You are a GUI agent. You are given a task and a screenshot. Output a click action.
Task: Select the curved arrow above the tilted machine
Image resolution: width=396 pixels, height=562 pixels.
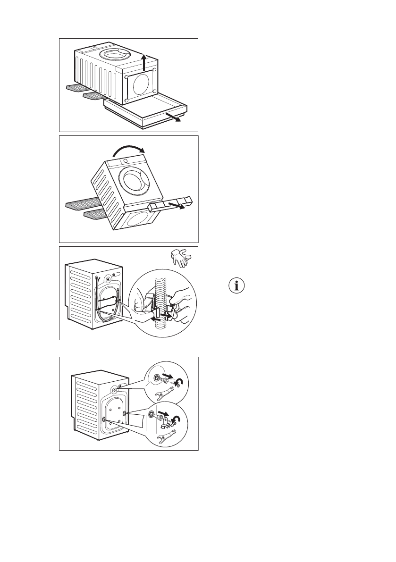point(128,151)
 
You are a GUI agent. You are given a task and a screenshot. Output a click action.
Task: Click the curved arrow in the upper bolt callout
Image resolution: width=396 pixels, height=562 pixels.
point(179,381)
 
